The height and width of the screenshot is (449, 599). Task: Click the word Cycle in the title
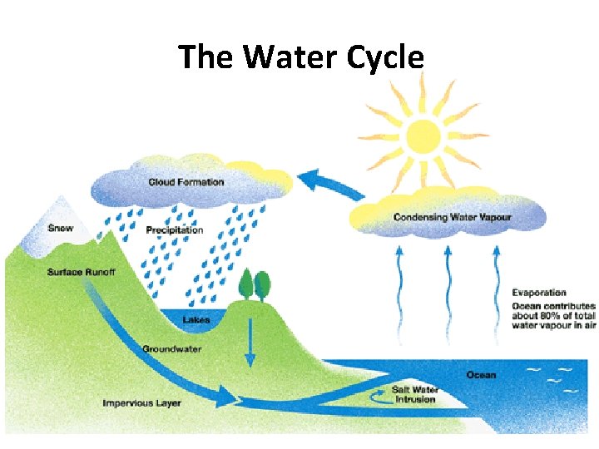click(383, 57)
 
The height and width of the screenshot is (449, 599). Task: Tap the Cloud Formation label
click(186, 182)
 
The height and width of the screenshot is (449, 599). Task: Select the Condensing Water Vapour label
click(452, 217)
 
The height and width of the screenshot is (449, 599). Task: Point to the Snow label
click(61, 228)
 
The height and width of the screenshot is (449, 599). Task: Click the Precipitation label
click(175, 230)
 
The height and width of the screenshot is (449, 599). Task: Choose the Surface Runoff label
click(82, 272)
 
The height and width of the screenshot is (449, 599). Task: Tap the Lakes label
click(196, 319)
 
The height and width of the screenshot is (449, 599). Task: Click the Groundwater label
click(172, 349)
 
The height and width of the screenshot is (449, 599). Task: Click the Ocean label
click(481, 375)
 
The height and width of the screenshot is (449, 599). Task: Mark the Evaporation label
click(539, 293)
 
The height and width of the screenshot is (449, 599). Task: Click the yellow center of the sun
click(423, 135)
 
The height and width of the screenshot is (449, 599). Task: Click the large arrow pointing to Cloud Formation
click(328, 185)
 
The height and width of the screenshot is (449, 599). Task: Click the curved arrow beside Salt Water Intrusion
click(378, 398)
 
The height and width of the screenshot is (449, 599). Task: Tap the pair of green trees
click(255, 285)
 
